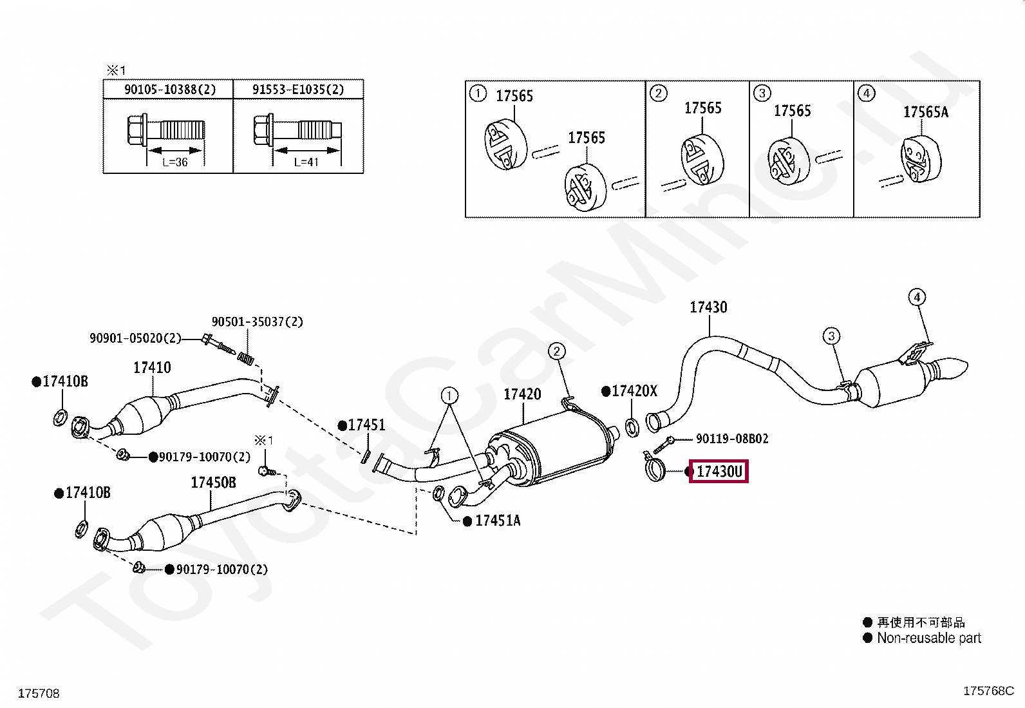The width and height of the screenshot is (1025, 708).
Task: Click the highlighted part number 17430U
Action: [719, 472]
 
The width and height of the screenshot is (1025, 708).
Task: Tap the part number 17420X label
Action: [634, 391]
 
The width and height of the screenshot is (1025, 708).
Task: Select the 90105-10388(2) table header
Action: [169, 90]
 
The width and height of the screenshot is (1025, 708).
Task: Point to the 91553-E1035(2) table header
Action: [298, 90]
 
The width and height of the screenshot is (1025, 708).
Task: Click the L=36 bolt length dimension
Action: [174, 162]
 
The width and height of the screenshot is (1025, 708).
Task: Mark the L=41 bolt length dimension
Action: [306, 162]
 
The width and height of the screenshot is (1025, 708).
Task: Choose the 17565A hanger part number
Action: [925, 112]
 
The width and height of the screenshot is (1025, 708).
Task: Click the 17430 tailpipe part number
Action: [708, 307]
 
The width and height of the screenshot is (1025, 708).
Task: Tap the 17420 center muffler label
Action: [522, 394]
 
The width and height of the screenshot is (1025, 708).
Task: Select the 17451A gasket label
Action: [498, 521]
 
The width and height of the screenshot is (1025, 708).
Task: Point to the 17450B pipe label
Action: [213, 483]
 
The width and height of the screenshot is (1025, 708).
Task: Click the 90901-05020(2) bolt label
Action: [135, 338]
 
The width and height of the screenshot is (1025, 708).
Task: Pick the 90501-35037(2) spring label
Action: [257, 321]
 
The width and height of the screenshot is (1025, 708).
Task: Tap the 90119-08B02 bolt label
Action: [732, 439]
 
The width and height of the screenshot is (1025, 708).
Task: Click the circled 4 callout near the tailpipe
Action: [917, 297]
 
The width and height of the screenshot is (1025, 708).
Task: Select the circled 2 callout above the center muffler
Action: [556, 351]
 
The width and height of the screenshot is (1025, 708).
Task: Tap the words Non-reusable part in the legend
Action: [929, 638]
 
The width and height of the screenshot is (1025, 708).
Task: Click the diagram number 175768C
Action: [988, 691]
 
